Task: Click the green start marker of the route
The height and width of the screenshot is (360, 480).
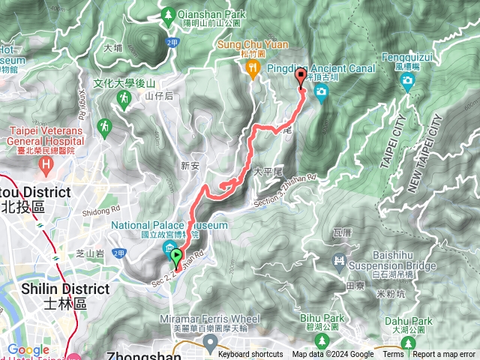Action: (177, 259)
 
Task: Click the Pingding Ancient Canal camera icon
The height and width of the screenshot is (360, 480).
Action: (322, 92)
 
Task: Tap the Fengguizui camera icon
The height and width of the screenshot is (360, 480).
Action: (409, 82)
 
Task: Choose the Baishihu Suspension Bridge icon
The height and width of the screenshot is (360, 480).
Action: (339, 260)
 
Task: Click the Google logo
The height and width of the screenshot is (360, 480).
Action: (28, 349)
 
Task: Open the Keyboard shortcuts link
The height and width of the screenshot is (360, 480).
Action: (250, 355)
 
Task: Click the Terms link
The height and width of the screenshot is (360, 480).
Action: (393, 355)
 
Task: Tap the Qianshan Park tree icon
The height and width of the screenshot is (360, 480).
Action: (169, 15)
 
